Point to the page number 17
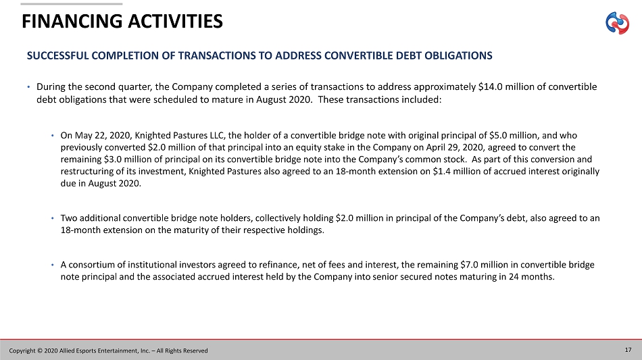point(628,349)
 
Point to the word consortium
point(91,265)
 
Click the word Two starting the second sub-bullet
point(69,218)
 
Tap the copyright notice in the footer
point(108,350)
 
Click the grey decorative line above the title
point(72,3)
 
